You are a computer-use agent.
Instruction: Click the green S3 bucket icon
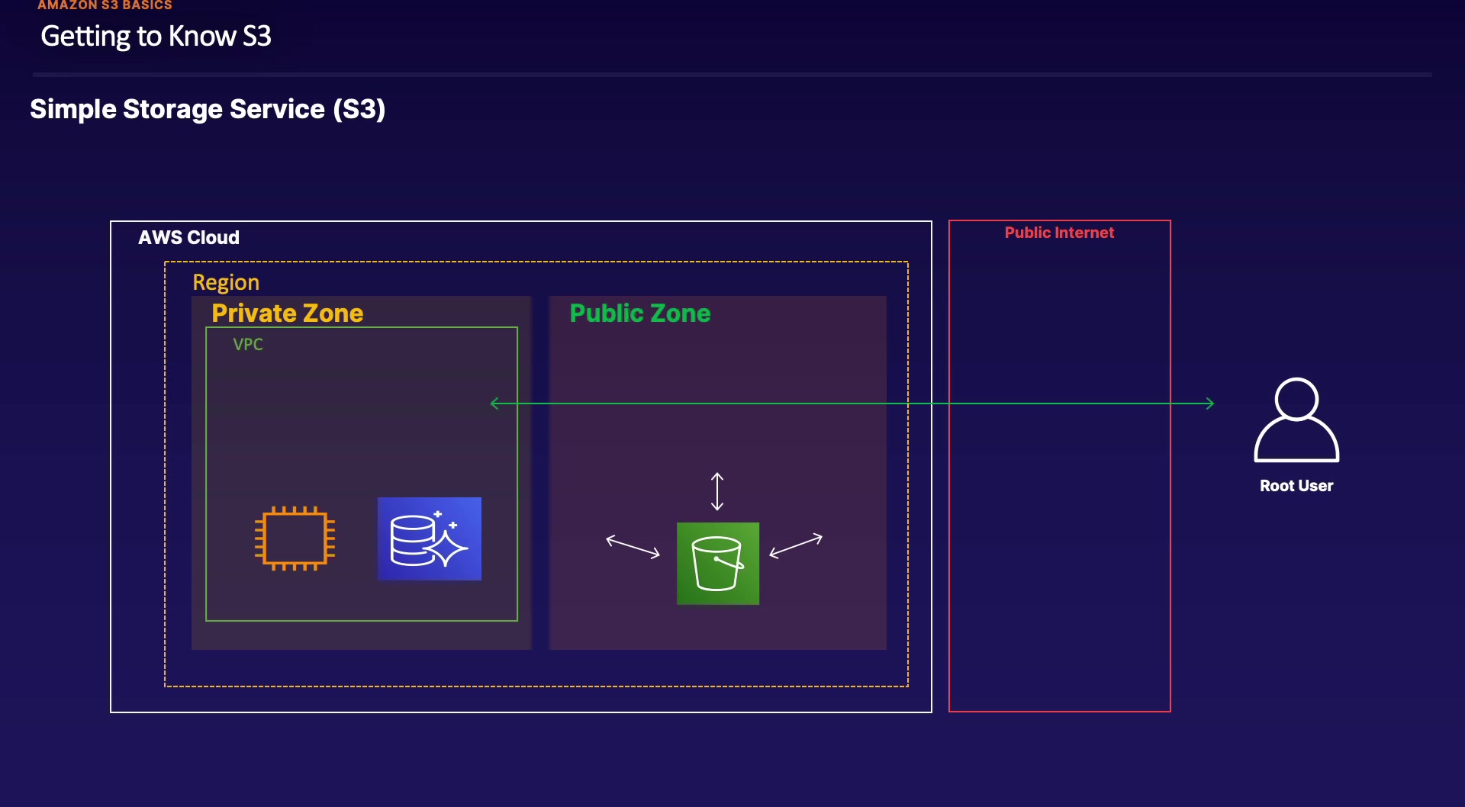point(718,564)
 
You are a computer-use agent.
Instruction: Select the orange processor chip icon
point(295,539)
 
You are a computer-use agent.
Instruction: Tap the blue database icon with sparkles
point(429,539)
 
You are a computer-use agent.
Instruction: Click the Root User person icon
point(1296,420)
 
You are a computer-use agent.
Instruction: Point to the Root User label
point(1296,486)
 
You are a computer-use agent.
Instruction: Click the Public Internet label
point(1059,233)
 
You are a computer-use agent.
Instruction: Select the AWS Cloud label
point(188,238)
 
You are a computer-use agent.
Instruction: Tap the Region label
point(226,282)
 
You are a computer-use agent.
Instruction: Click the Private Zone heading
point(288,313)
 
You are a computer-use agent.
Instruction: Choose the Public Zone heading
point(640,313)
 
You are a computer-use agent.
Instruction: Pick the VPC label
point(248,345)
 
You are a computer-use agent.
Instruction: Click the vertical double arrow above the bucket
point(717,491)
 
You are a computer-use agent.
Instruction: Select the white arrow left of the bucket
point(633,546)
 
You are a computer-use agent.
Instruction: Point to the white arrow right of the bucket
point(796,545)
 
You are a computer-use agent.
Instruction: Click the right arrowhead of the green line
point(1209,403)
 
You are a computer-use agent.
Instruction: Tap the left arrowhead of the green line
point(495,403)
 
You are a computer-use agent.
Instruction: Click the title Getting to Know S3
point(156,37)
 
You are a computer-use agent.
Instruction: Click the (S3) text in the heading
point(359,110)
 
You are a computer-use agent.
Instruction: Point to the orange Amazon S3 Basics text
point(105,5)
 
